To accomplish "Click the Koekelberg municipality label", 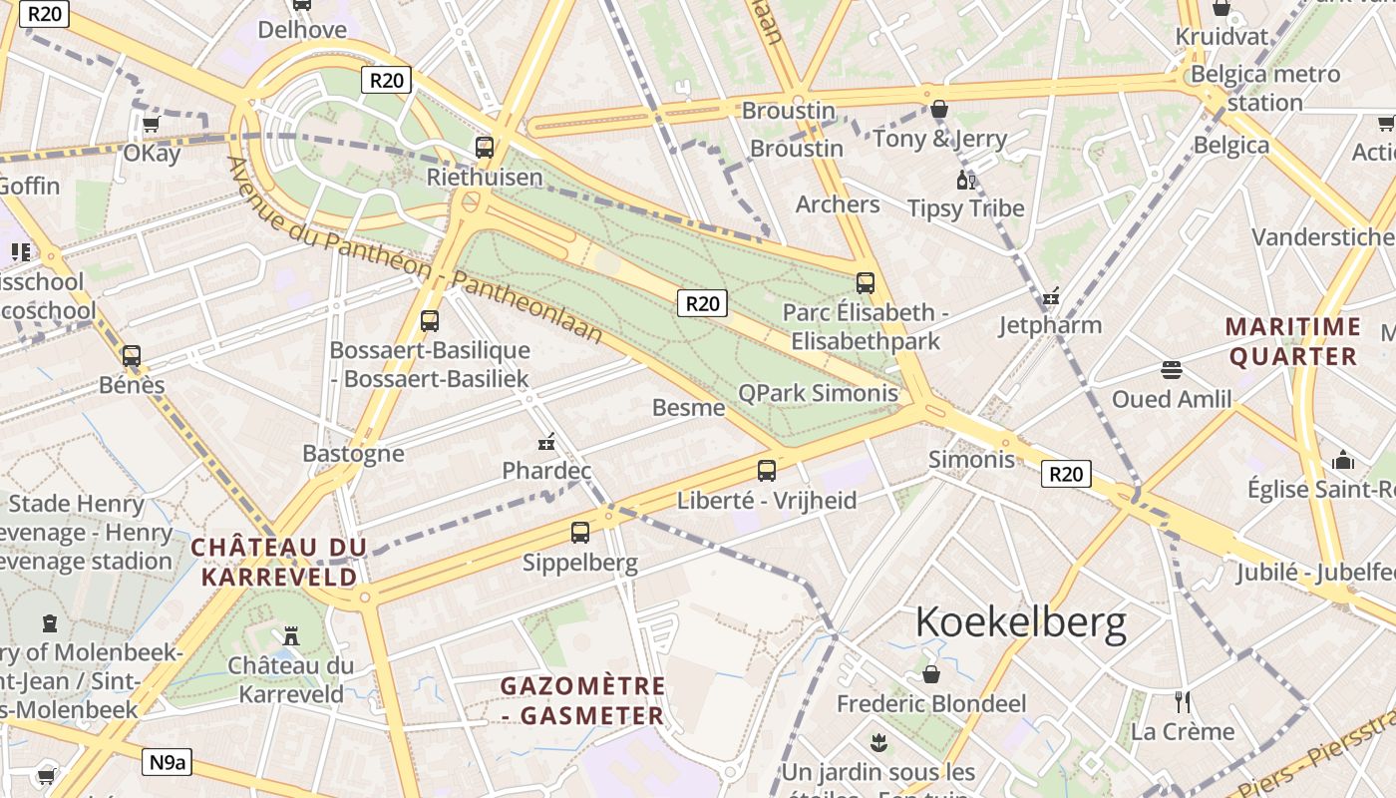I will tap(1021, 622).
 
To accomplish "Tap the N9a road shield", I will tap(168, 763).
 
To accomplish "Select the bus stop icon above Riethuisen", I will tap(485, 148).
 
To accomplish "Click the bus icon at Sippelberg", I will tap(580, 533).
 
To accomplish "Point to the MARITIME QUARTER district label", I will tap(1294, 341).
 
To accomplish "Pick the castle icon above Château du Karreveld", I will tap(291, 634).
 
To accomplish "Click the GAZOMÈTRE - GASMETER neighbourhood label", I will tap(583, 701).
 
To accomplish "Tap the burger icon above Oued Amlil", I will tap(1172, 370).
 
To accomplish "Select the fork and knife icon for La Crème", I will tap(1183, 701).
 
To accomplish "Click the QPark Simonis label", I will tap(818, 393).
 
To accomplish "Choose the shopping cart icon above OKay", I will tap(151, 125).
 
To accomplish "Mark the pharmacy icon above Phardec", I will tap(546, 441).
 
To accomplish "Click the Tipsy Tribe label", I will tap(965, 208).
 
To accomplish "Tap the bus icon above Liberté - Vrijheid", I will tap(767, 471).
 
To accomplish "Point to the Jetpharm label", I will tap(1050, 325).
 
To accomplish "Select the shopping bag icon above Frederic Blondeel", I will tap(931, 674).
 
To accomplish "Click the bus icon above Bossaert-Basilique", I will tap(430, 321).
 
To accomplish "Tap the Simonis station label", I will tap(971, 460).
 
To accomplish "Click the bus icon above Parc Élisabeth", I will tap(866, 283).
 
